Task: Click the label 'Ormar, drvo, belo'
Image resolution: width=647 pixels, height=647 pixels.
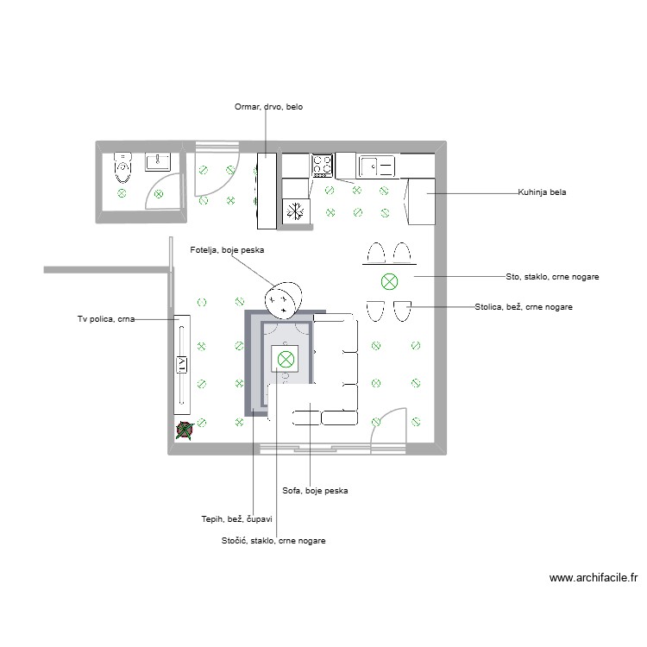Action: [268, 108]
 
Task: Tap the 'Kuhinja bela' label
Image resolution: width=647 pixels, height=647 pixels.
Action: [543, 192]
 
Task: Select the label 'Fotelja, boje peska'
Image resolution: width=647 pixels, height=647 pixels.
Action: [227, 250]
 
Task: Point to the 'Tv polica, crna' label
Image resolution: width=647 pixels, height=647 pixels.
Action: [106, 319]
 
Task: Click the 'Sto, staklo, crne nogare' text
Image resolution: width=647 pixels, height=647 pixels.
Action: [552, 277]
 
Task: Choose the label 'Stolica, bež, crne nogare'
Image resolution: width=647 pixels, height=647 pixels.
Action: [524, 306]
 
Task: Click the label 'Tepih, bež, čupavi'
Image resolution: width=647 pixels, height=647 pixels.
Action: [236, 518]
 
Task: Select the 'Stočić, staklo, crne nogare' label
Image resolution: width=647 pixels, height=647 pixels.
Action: [273, 541]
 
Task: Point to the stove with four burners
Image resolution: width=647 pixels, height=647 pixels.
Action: [323, 165]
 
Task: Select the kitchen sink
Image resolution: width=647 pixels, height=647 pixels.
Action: [377, 166]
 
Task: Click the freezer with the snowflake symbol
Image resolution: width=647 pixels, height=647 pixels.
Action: [296, 211]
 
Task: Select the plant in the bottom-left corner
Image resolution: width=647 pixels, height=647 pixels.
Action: [183, 430]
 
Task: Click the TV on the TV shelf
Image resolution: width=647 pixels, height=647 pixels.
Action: [182, 365]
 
